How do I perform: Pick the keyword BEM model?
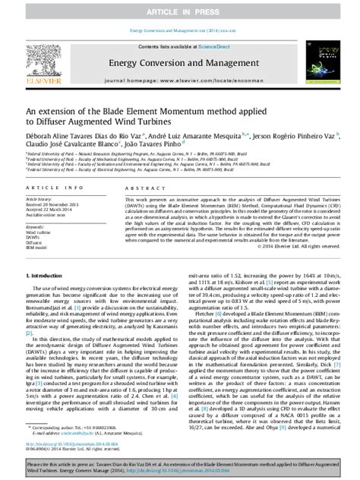pyautogui.click(x=38, y=248)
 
